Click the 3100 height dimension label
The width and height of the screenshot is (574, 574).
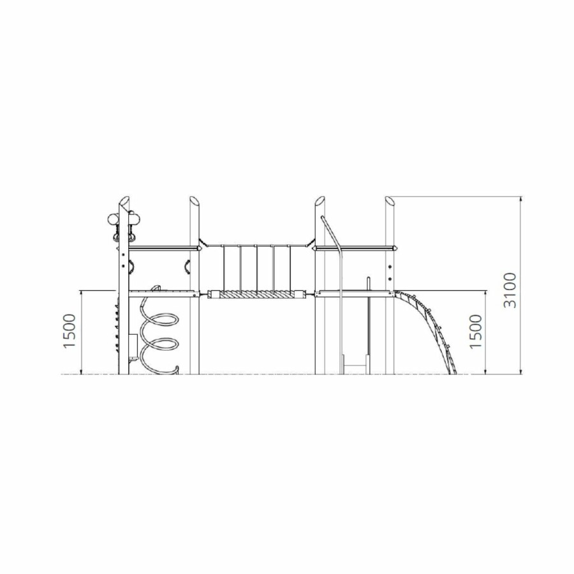(x=510, y=290)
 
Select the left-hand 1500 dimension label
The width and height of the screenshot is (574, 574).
(x=70, y=331)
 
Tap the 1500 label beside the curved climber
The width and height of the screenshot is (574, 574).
(x=476, y=331)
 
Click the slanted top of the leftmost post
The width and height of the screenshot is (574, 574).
(x=124, y=202)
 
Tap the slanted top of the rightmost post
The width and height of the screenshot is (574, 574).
(x=390, y=202)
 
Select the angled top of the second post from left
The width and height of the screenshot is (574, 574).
(x=194, y=202)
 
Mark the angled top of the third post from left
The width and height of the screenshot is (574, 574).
(x=320, y=202)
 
